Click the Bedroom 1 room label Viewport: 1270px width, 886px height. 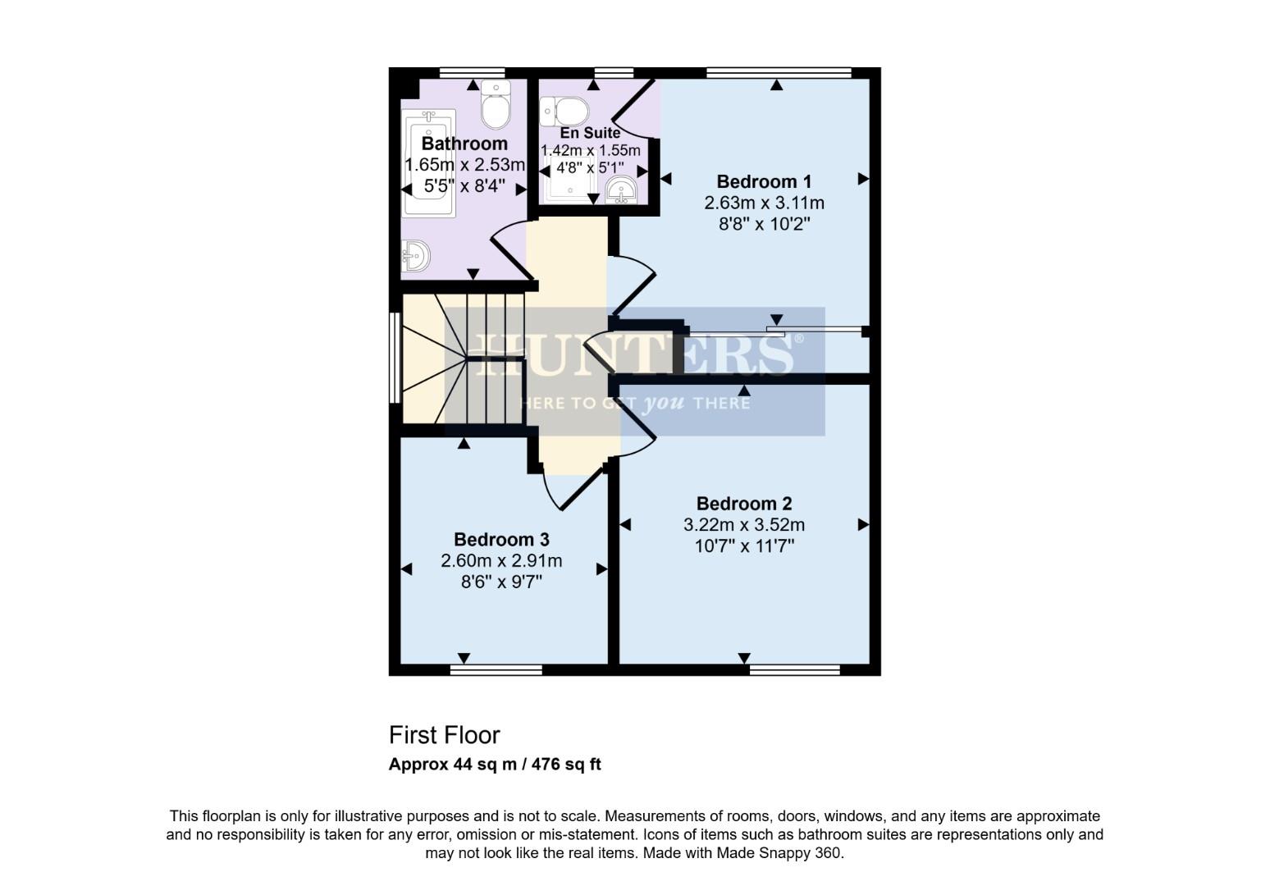click(764, 181)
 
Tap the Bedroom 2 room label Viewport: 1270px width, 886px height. click(744, 504)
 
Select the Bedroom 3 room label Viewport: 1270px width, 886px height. click(501, 540)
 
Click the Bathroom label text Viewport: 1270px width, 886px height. click(464, 144)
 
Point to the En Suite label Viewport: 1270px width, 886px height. click(590, 132)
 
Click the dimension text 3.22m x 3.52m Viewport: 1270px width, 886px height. click(744, 525)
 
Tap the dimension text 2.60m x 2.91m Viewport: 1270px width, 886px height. click(501, 561)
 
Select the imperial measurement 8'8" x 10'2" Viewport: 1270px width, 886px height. click(764, 224)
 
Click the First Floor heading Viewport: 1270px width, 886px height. click(444, 734)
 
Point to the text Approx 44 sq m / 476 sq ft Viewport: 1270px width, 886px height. click(495, 765)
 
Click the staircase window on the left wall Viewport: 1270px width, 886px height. click(395, 358)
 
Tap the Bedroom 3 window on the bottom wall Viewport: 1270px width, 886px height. click(496, 670)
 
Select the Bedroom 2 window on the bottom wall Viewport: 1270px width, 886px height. click(794, 670)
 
